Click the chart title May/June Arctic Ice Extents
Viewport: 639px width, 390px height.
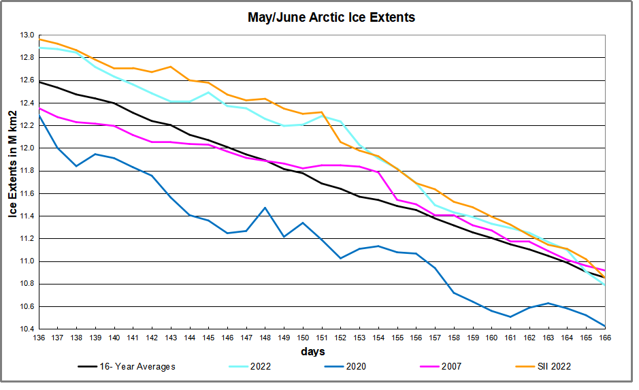pyautogui.click(x=331, y=18)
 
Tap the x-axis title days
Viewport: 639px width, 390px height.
pyautogui.click(x=312, y=352)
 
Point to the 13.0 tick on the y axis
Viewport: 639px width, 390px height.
pyautogui.click(x=27, y=35)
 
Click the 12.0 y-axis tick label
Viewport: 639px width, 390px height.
pyautogui.click(x=27, y=148)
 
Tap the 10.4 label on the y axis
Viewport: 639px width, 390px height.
pyautogui.click(x=27, y=329)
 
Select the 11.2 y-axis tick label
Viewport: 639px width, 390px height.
pyautogui.click(x=27, y=239)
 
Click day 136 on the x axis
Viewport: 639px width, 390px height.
pyautogui.click(x=39, y=338)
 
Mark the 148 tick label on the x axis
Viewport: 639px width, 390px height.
pyautogui.click(x=265, y=338)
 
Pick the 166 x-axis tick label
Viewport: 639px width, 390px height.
pyautogui.click(x=604, y=338)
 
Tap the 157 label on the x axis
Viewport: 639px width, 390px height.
pyautogui.click(x=434, y=338)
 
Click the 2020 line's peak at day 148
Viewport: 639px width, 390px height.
pyautogui.click(x=265, y=208)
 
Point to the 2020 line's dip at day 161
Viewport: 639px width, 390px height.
pyautogui.click(x=510, y=316)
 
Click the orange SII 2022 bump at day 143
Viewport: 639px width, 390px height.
pyautogui.click(x=171, y=67)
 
